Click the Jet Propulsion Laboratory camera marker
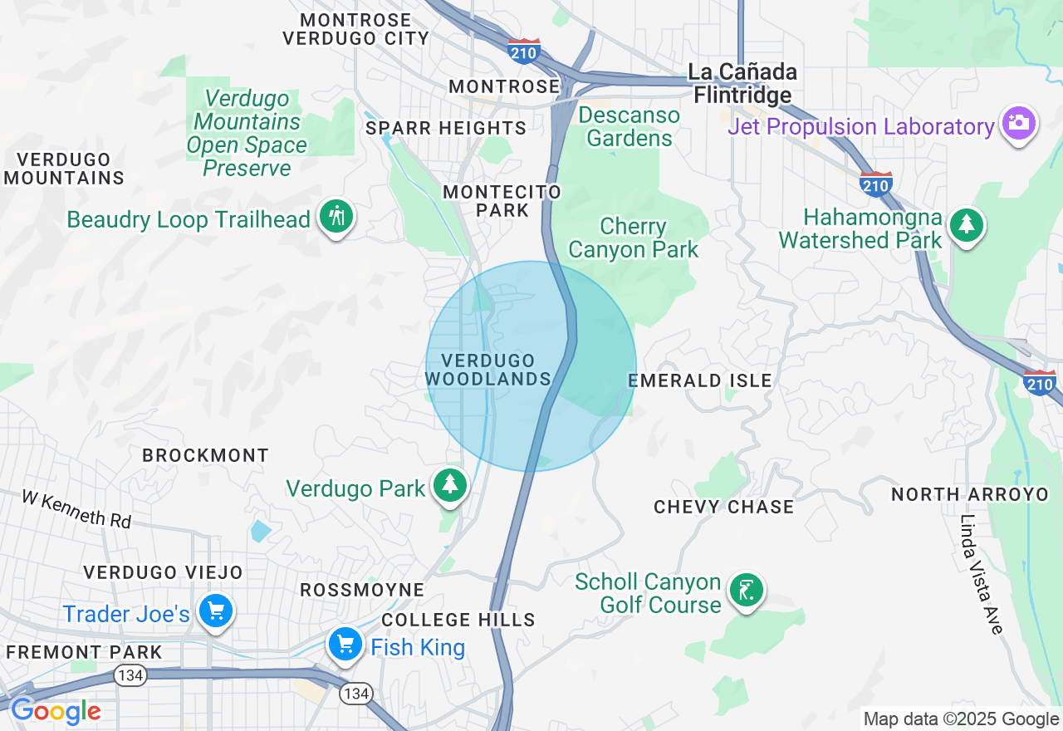click(1018, 124)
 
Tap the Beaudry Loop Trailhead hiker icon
click(336, 217)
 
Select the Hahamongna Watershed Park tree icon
click(965, 224)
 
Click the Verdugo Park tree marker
click(450, 485)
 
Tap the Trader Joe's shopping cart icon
click(216, 612)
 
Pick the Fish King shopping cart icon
click(345, 645)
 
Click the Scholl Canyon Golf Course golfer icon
click(746, 591)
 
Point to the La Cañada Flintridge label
click(742, 84)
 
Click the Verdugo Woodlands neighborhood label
click(488, 370)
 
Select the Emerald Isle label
click(700, 380)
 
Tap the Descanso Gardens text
click(629, 126)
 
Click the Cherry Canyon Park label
click(634, 238)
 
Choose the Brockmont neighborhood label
click(205, 455)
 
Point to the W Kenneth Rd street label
click(76, 508)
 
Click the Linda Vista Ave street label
click(981, 574)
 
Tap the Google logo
click(56, 711)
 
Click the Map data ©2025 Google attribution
click(961, 719)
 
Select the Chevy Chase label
click(723, 507)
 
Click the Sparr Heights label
click(446, 128)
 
